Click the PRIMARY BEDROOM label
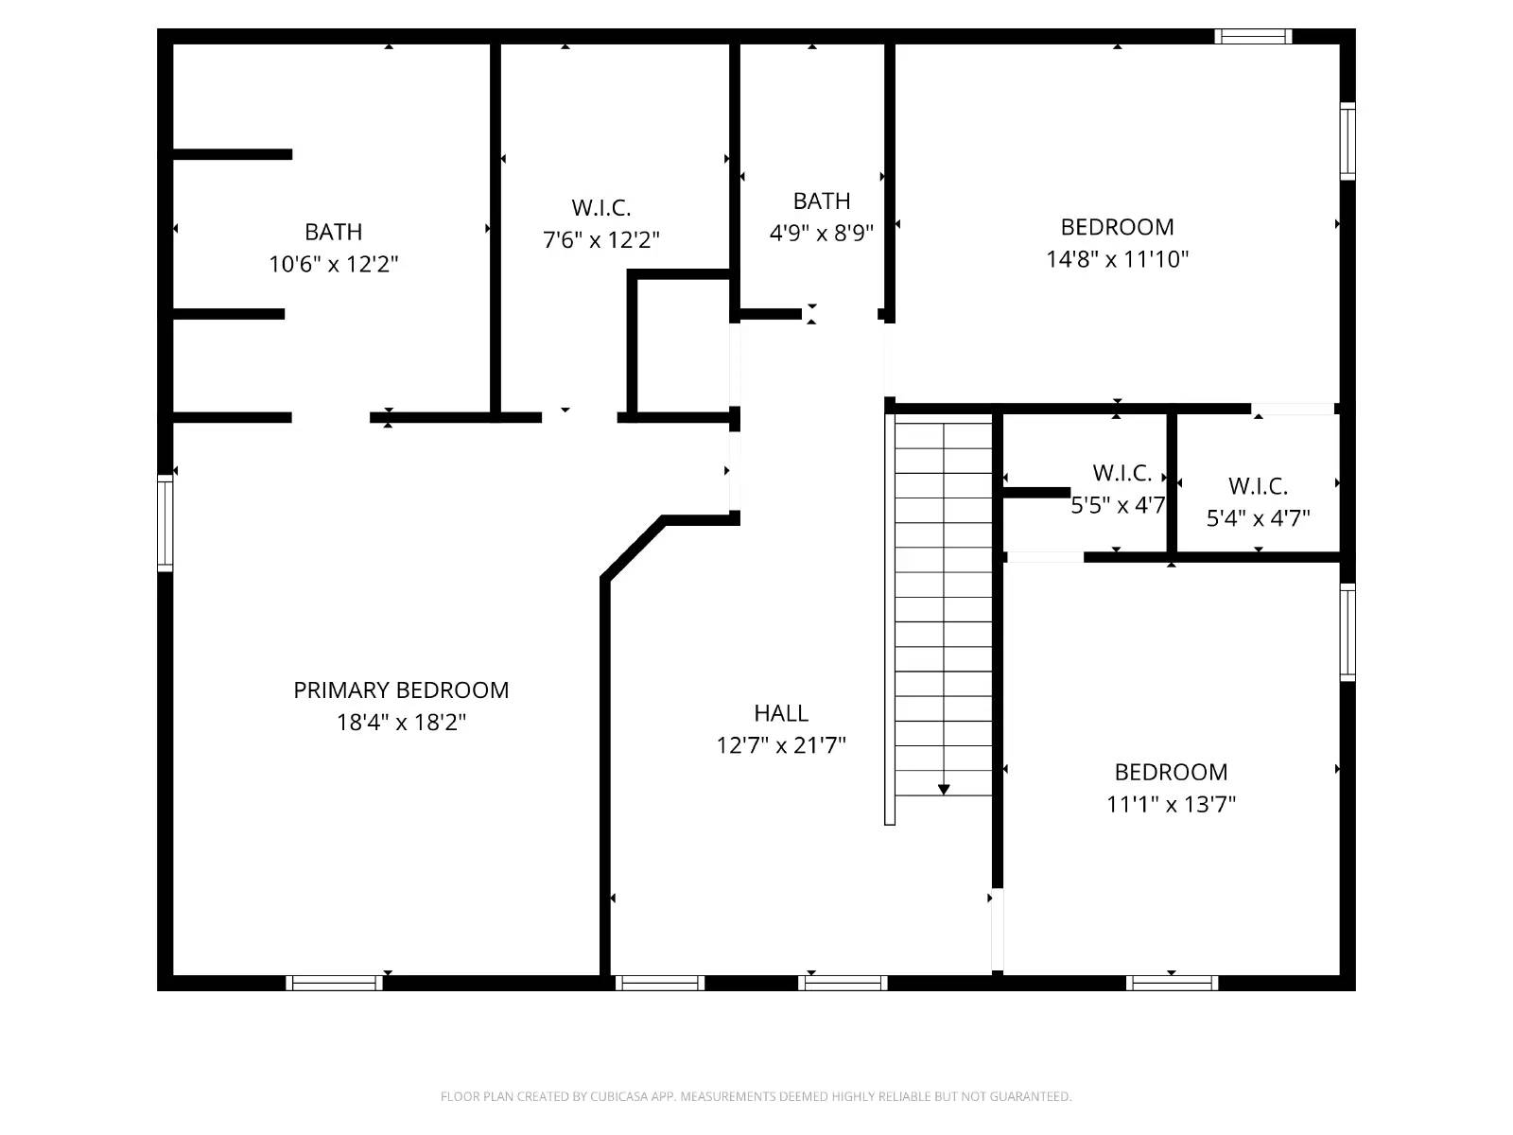[x=401, y=690]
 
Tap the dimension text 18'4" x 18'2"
[x=401, y=723]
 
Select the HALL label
[x=781, y=713]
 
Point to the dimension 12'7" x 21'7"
[x=781, y=745]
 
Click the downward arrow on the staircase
[x=944, y=788]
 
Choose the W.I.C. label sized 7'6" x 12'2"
[x=601, y=208]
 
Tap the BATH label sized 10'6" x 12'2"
[x=333, y=232]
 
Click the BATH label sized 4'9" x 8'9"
[x=821, y=201]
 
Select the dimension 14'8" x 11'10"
[x=1117, y=259]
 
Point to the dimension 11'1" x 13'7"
[x=1171, y=804]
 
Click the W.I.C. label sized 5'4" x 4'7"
[x=1258, y=486]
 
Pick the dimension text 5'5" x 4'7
[x=1118, y=505]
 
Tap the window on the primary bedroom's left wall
[x=165, y=523]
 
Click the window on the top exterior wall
[x=1253, y=37]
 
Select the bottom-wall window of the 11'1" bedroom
[x=1172, y=983]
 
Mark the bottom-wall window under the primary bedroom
[x=334, y=983]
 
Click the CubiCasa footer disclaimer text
[x=756, y=1096]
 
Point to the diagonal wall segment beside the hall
[x=633, y=548]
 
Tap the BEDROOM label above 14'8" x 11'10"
[x=1117, y=227]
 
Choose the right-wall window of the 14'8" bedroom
[x=1348, y=141]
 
